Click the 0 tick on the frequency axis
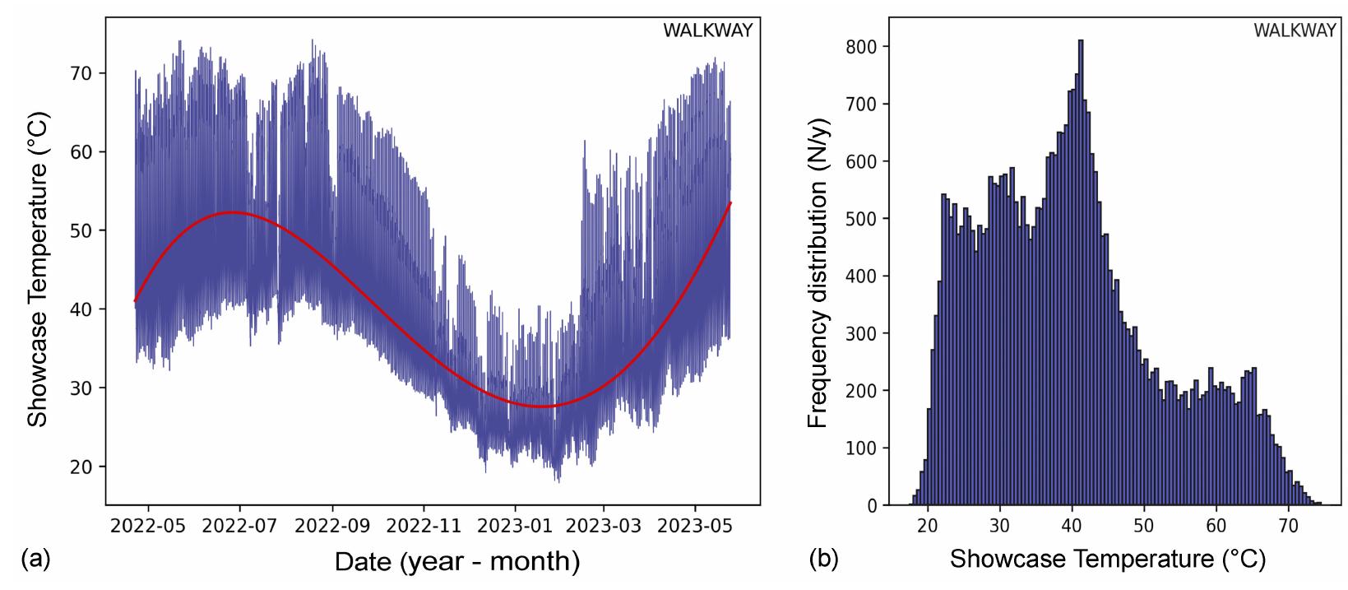point(871,505)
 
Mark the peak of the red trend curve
point(234,212)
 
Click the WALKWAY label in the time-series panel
point(707,31)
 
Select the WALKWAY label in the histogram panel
point(1295,31)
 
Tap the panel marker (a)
point(35,560)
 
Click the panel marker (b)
point(823,560)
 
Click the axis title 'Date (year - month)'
point(456,561)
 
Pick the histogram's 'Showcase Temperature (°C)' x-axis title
point(1108,560)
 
